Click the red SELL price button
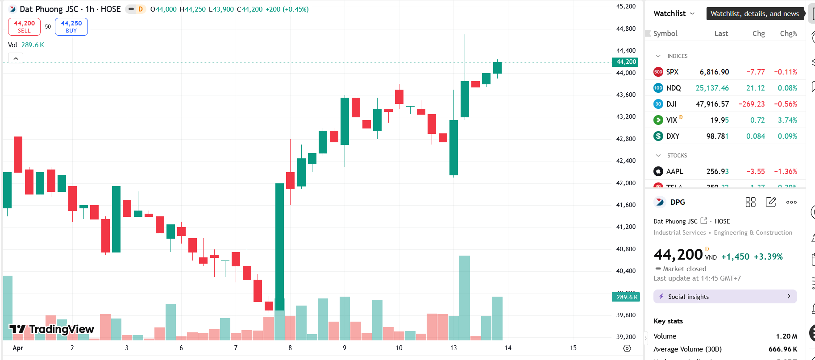[x=24, y=27]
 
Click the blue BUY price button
[x=71, y=27]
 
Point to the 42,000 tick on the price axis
[x=626, y=183]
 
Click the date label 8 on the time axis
[x=290, y=348]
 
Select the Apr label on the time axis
[x=18, y=348]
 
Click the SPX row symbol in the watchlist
[x=672, y=72]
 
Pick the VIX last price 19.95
[x=719, y=120]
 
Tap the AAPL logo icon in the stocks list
[x=658, y=171]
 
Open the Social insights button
[x=725, y=297]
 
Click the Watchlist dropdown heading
[x=674, y=13]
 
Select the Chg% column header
[x=788, y=33]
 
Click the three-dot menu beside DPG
[x=791, y=202]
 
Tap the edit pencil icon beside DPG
[x=771, y=202]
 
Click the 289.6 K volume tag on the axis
[x=626, y=297]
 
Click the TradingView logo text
[x=61, y=329]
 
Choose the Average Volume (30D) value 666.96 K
[x=783, y=349]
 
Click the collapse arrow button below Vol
[x=16, y=58]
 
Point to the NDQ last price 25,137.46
[x=712, y=88]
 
